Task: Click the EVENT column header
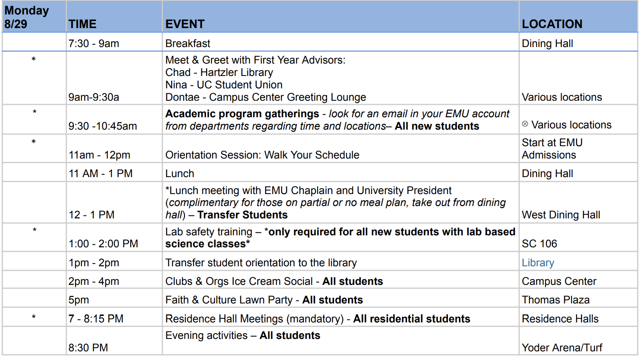tap(185, 24)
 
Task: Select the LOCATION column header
tap(552, 24)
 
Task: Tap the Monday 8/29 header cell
tap(26, 17)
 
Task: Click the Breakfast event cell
tap(188, 43)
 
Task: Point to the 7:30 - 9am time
tap(94, 43)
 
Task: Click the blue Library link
tap(538, 263)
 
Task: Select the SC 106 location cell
tap(539, 244)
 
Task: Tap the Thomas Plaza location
tap(556, 300)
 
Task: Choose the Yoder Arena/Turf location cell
tap(562, 348)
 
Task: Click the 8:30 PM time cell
tap(88, 348)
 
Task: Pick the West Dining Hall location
tap(561, 215)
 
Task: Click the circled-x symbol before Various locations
tap(525, 124)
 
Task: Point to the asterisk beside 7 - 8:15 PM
tap(34, 317)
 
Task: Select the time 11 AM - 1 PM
tap(101, 173)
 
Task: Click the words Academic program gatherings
tap(242, 114)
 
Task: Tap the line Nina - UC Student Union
tap(224, 85)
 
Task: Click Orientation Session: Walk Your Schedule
tap(262, 155)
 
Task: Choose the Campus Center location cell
tap(559, 282)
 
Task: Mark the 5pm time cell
tap(78, 300)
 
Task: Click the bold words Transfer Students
tap(242, 215)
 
